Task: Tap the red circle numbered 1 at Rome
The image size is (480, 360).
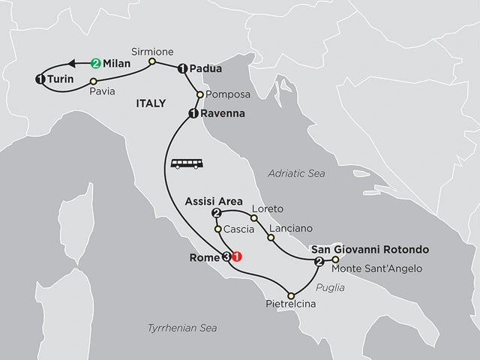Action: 238,256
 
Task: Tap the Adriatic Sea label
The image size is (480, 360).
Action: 296,173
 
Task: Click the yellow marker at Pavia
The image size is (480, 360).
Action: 93,79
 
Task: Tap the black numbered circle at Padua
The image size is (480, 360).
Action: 182,69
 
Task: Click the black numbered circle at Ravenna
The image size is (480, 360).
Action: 193,114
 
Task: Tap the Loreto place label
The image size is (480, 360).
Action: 268,208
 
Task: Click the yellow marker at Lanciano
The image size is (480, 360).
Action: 271,238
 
